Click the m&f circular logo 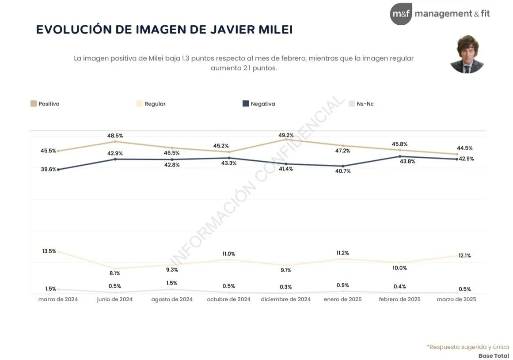pyautogui.click(x=401, y=14)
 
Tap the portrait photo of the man pyautogui.click(x=467, y=54)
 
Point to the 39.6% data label pyautogui.click(x=49, y=169)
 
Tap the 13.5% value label pyautogui.click(x=49, y=251)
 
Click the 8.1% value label pyautogui.click(x=114, y=273)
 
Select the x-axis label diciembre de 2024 pyautogui.click(x=286, y=299)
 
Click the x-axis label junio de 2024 pyautogui.click(x=115, y=299)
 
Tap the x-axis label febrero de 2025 pyautogui.click(x=400, y=299)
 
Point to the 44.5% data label pyautogui.click(x=464, y=148)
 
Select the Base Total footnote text pyautogui.click(x=494, y=356)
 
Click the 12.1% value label pyautogui.click(x=464, y=256)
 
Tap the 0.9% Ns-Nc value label pyautogui.click(x=343, y=285)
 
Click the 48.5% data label pyautogui.click(x=115, y=136)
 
